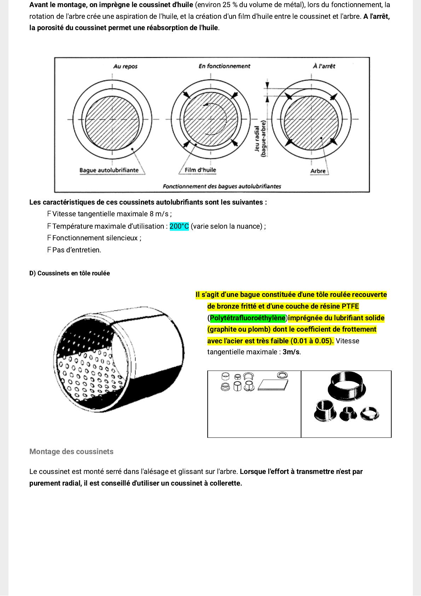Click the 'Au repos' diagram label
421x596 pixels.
[125, 66]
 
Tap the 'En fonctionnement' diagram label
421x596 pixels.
[224, 66]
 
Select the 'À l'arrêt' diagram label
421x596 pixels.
[324, 66]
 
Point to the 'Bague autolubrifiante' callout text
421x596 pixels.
[109, 170]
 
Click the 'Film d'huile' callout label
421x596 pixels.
[200, 170]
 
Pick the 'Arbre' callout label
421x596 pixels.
[318, 171]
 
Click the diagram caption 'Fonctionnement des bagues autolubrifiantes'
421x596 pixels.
[222, 186]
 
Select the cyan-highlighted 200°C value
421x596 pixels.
[179, 226]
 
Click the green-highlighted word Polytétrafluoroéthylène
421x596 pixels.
[248, 318]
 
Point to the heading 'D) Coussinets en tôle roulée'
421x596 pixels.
[70, 273]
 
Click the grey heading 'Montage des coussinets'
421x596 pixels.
[71, 452]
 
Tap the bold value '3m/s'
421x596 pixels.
[291, 352]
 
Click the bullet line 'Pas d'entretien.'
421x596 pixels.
[76, 250]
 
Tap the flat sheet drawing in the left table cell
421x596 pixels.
[273, 385]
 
